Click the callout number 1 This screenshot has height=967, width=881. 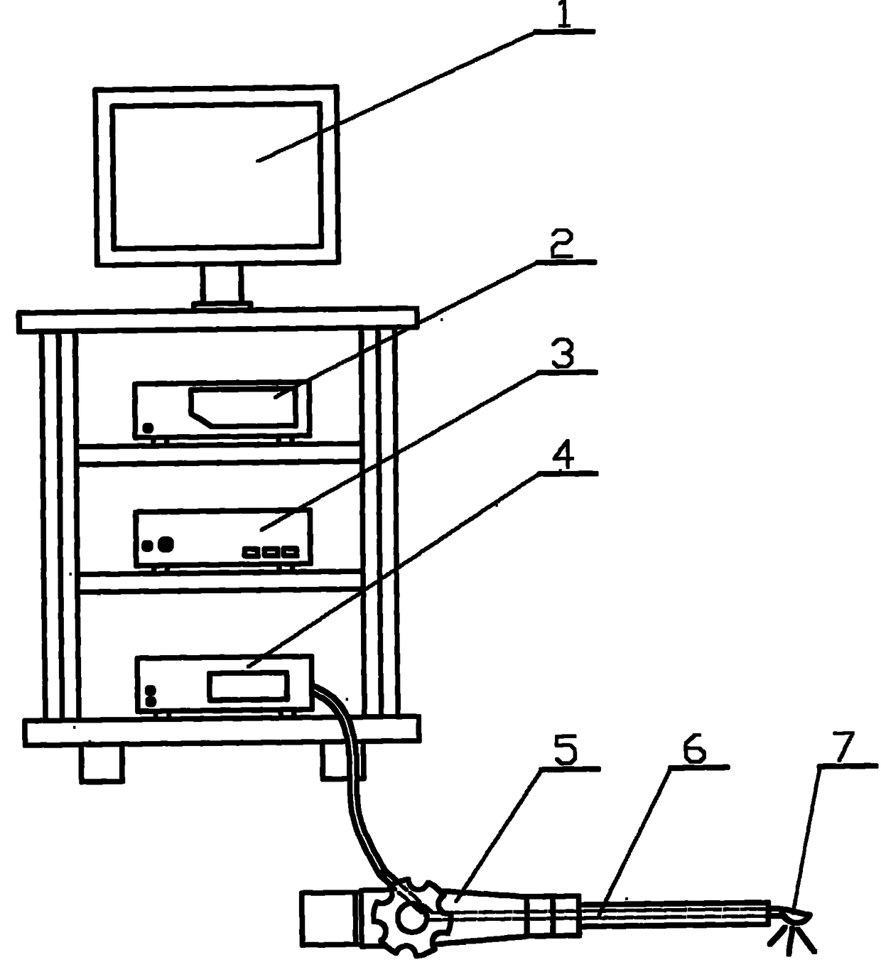[564, 16]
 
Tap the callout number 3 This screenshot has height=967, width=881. [563, 355]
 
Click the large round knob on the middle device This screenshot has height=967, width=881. [166, 544]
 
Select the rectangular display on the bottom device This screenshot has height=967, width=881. [248, 686]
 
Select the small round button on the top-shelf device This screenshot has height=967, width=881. [148, 428]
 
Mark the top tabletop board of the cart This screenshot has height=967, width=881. [217, 320]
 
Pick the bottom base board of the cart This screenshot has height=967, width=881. [221, 731]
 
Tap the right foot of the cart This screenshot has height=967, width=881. [342, 762]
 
